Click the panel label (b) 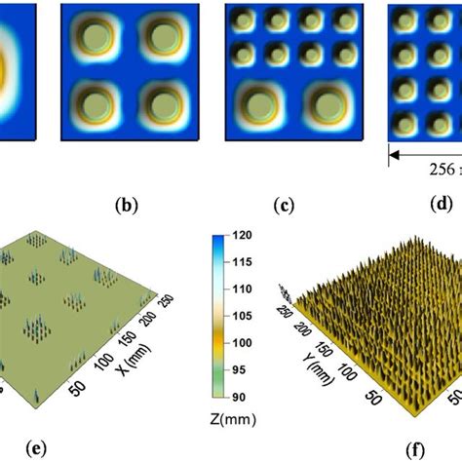(127, 206)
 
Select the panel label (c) (284, 206)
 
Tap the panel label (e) (36, 449)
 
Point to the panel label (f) (415, 450)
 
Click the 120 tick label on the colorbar (242, 235)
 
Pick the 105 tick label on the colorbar (242, 316)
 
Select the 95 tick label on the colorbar (239, 369)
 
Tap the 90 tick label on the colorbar (239, 397)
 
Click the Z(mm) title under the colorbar (233, 419)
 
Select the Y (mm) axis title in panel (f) (318, 369)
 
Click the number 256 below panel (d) (443, 170)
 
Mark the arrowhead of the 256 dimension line (394, 156)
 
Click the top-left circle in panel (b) (96, 36)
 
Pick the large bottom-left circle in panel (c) (260, 106)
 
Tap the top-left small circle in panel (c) (244, 20)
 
